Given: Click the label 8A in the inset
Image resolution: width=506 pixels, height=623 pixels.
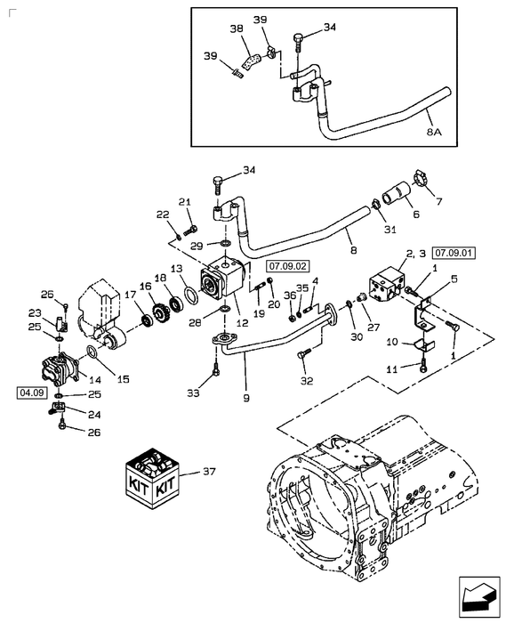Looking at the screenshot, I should [433, 131].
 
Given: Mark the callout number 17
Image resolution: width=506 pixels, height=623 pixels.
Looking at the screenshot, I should [130, 294].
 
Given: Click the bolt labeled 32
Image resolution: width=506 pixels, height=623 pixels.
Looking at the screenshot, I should [303, 355].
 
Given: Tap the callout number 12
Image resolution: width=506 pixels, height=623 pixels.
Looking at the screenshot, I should [242, 312].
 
